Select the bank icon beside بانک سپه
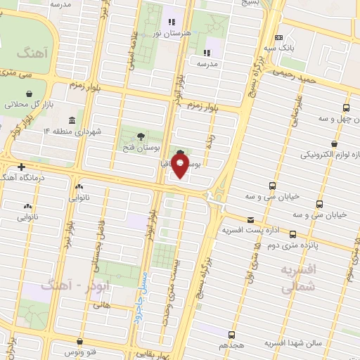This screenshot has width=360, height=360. coord(279,38)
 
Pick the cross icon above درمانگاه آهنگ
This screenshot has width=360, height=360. coord(22,167)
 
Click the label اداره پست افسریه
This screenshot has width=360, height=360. coord(252,230)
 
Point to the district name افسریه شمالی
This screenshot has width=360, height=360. coord(300,278)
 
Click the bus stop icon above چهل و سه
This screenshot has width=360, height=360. coord(346,108)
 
